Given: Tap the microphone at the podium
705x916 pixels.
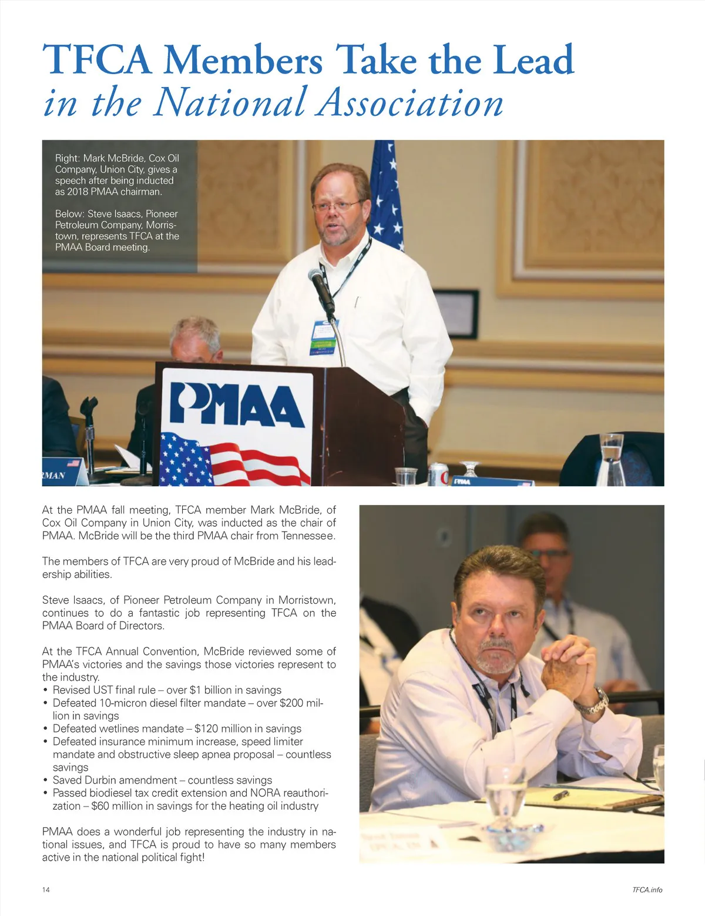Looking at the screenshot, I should tap(321, 287).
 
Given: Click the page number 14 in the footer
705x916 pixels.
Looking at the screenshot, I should tap(46, 890).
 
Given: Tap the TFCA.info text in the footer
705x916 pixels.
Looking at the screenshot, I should tap(647, 890).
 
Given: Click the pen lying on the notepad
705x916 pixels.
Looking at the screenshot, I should tap(560, 795).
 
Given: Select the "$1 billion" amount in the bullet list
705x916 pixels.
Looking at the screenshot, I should tap(214, 690).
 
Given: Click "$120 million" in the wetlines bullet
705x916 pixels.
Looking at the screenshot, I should tap(227, 728).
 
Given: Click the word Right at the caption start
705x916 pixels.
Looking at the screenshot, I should tap(66, 158).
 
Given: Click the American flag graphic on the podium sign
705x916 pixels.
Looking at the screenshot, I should tap(235, 458).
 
